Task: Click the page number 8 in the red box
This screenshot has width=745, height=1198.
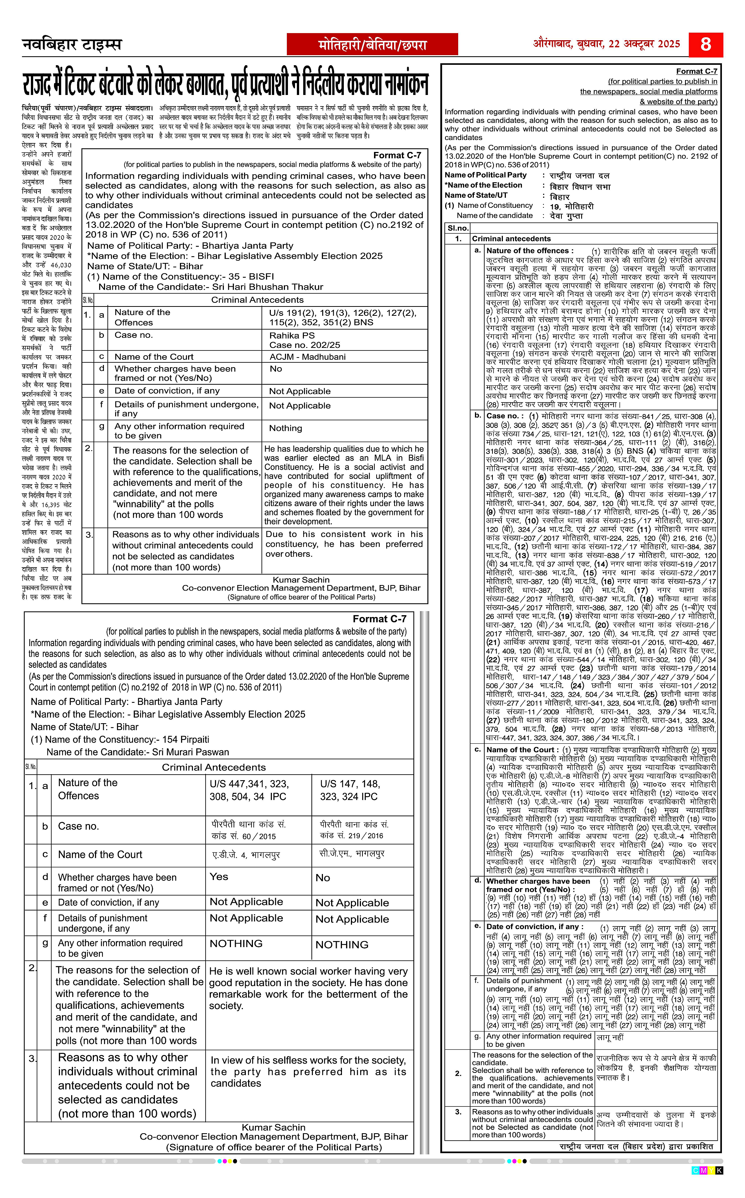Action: pos(705,44)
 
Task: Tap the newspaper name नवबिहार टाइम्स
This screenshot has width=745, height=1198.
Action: pos(72,44)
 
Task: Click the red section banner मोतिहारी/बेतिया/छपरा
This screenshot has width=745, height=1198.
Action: pos(372,45)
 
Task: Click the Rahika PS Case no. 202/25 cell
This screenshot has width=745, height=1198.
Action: pos(304,340)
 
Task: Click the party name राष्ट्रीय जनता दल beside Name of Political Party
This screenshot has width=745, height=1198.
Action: pos(580,175)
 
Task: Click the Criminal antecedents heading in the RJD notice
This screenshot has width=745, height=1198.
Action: pos(511,238)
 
